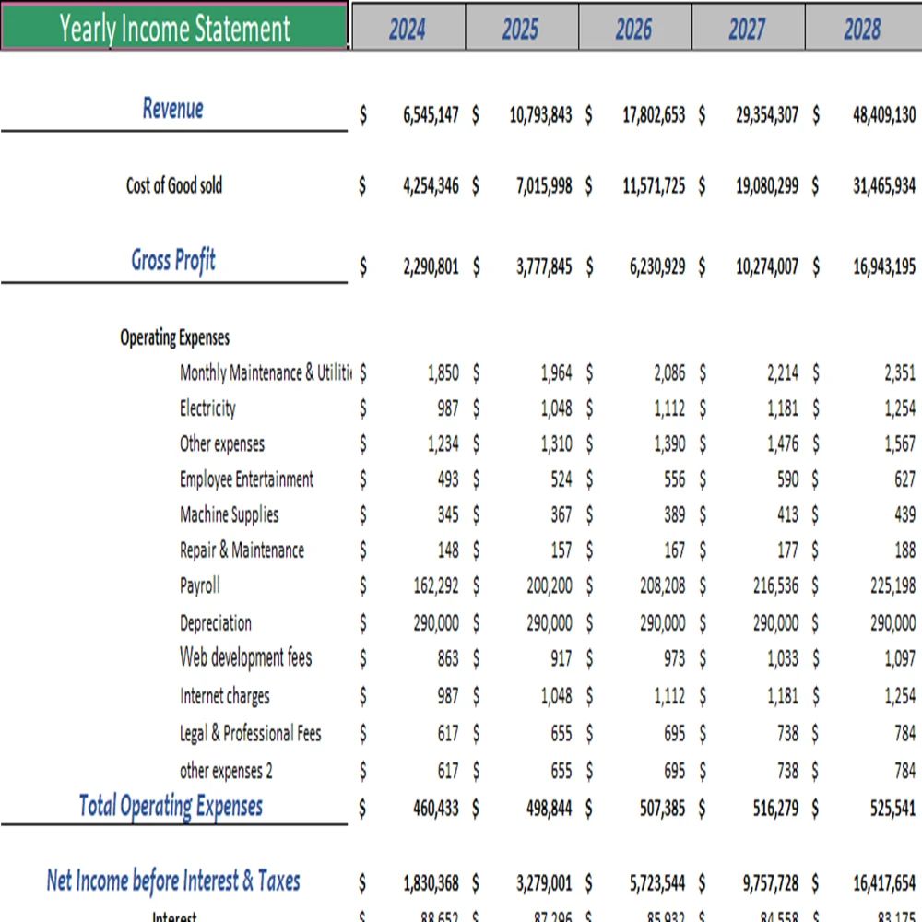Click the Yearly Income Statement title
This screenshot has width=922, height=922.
point(174,28)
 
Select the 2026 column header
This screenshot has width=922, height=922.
point(633,29)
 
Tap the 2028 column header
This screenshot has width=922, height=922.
point(862,29)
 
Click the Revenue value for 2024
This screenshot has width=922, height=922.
point(430,116)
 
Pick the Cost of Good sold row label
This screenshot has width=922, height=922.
point(174,185)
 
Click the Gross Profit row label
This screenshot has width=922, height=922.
point(173,260)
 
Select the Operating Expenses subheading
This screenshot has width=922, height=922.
point(174,337)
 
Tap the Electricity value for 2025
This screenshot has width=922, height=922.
point(556,408)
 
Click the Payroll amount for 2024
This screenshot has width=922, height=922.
point(436,585)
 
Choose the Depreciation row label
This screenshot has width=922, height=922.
point(216,623)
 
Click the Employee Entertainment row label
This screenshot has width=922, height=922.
point(246,479)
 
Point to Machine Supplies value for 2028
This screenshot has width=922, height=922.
point(904,514)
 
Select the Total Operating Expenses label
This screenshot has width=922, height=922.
point(171,806)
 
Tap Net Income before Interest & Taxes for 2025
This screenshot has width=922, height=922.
point(544,882)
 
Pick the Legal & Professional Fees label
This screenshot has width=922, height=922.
point(250,734)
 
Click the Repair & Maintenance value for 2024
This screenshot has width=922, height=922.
point(448,550)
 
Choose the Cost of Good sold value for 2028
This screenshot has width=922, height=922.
point(884,185)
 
